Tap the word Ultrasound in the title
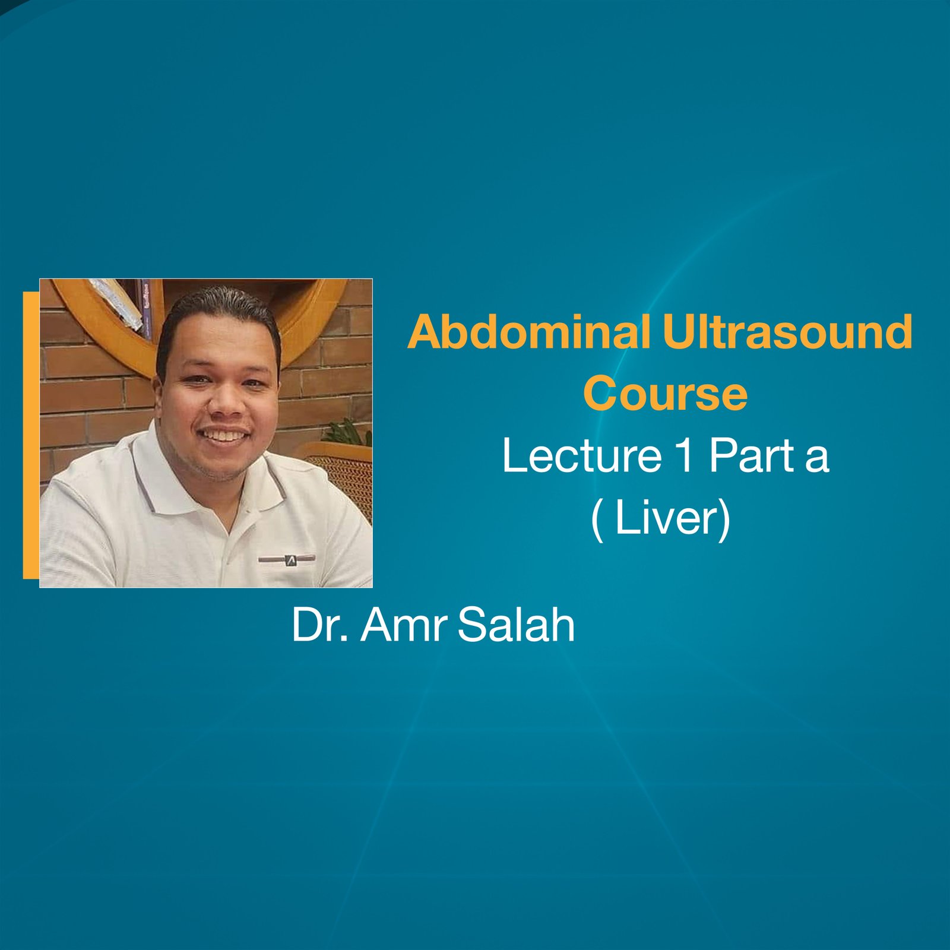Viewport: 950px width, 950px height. tap(787, 332)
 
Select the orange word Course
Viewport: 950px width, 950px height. tap(665, 394)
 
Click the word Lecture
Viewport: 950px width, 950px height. tap(582, 456)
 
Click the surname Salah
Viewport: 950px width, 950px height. tap(517, 625)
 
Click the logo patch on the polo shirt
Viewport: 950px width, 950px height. tap(290, 559)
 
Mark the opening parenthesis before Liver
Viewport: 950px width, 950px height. tap(597, 519)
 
